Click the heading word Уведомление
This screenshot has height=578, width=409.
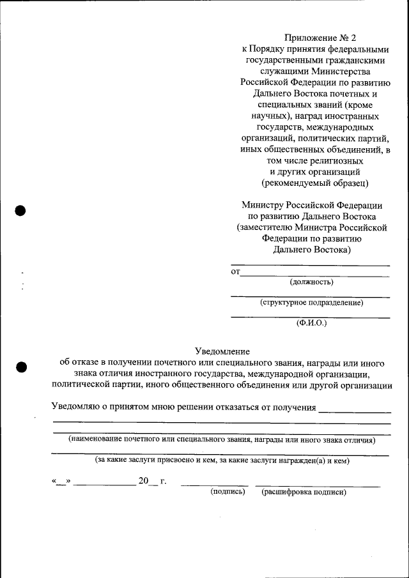(222, 351)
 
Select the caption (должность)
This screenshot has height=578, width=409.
(311, 281)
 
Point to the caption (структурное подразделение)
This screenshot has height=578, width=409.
(311, 302)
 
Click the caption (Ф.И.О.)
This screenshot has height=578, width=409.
(311, 323)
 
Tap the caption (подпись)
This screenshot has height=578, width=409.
(228, 492)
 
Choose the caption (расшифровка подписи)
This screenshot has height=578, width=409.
(304, 492)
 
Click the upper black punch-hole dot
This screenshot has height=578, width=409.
(20, 210)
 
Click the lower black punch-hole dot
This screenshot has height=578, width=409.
(20, 367)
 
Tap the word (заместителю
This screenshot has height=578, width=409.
(265, 227)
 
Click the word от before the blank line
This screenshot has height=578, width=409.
(235, 272)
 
